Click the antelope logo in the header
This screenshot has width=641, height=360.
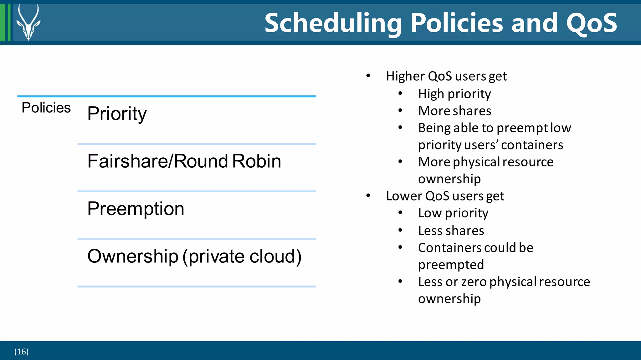28,23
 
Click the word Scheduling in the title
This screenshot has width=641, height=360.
333,23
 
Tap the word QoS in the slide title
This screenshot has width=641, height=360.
592,23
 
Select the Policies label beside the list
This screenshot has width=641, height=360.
46,108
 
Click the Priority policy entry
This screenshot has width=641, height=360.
117,114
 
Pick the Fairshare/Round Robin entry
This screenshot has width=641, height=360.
184,161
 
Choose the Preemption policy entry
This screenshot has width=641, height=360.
136,209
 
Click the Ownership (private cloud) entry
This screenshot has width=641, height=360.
194,256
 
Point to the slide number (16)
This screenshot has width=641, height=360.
21,352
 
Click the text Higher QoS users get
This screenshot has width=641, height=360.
446,76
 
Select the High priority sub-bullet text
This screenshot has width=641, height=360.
454,94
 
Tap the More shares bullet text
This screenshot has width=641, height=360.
454,111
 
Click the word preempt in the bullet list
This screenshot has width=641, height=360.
522,128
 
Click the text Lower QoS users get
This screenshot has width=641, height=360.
445,196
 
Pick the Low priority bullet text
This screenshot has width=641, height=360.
453,213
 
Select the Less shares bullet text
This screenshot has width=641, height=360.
451,231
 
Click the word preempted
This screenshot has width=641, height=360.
451,265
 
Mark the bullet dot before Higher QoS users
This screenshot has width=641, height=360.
368,76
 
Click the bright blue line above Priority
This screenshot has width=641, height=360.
167,96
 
